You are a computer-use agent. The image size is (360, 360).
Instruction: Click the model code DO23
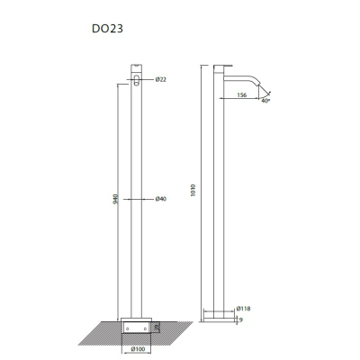tap(107, 29)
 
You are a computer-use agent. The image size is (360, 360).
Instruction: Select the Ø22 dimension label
tap(161, 79)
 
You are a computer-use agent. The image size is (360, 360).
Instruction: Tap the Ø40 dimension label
tap(161, 199)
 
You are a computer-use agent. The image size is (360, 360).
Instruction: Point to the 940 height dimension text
tap(116, 199)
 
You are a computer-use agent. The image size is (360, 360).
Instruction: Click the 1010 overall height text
tap(193, 190)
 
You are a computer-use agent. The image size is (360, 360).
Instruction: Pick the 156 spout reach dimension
tap(242, 95)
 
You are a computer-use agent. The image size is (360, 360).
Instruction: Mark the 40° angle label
tap(265, 101)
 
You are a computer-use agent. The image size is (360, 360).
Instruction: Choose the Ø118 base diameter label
tap(243, 309)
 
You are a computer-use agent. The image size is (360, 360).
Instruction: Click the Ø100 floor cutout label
tap(138, 349)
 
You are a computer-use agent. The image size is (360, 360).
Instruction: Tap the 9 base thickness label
tap(241, 320)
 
